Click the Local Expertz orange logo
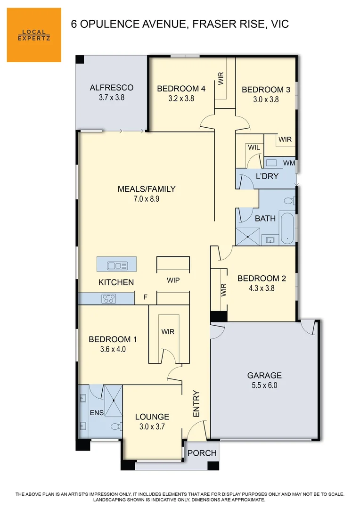pyautogui.click(x=34, y=35)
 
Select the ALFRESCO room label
pyautogui.click(x=112, y=88)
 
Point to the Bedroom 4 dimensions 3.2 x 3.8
pyautogui.click(x=181, y=99)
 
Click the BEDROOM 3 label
pyautogui.click(x=266, y=90)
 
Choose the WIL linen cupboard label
pyautogui.click(x=254, y=148)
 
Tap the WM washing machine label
pyautogui.click(x=289, y=163)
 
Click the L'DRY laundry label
pyautogui.click(x=267, y=176)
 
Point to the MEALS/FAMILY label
pyautogui.click(x=146, y=189)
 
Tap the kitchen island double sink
pyautogui.click(x=117, y=265)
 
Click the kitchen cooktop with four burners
pyautogui.click(x=109, y=298)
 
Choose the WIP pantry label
pyautogui.click(x=173, y=280)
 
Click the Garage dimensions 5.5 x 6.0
pyautogui.click(x=264, y=385)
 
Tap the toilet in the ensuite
pyautogui.click(x=115, y=426)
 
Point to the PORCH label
pyautogui.click(x=202, y=453)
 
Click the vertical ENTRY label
pyautogui.click(x=196, y=404)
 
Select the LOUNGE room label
pyautogui.click(x=152, y=417)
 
